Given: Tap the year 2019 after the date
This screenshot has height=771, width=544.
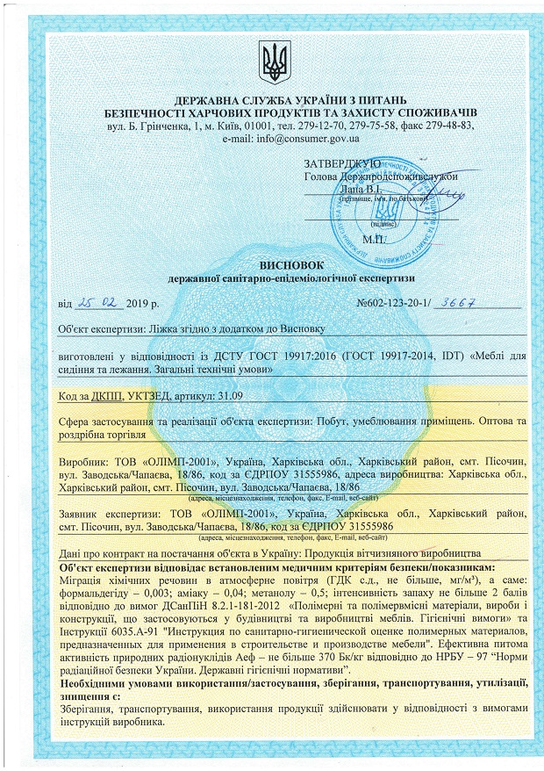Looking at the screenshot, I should [x=138, y=305].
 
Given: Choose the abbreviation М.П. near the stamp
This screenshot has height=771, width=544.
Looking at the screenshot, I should [x=374, y=238].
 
